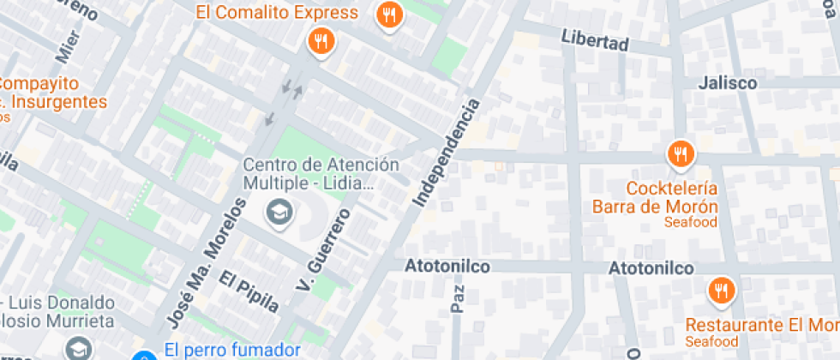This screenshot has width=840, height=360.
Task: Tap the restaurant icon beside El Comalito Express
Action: click(389, 14)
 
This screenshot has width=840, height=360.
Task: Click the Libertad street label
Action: click(595, 40)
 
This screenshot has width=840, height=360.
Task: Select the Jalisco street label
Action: click(727, 83)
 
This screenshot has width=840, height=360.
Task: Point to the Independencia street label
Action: click(446, 153)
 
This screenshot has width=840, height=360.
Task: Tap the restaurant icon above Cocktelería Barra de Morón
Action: click(681, 154)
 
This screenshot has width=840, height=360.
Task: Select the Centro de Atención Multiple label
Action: click(309, 173)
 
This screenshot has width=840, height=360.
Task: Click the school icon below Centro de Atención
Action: click(278, 211)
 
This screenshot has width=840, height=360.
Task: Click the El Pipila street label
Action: click(249, 291)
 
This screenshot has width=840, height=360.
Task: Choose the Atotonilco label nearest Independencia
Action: click(448, 267)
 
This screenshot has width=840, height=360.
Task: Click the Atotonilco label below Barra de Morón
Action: click(651, 268)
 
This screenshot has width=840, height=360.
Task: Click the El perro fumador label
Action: click(231, 350)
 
